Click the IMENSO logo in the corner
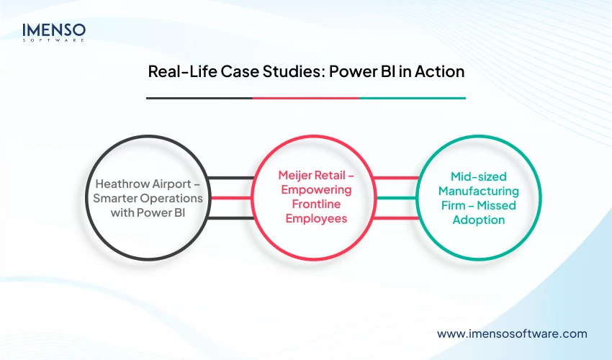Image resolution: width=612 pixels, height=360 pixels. point(54,32)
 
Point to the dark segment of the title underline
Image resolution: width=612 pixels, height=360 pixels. point(199,97)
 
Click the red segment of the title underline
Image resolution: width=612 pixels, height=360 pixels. point(305,97)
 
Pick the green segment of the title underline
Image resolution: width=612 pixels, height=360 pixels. point(412,97)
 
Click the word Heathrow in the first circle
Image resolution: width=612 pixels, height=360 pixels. point(113,183)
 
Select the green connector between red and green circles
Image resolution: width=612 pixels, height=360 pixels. point(395,198)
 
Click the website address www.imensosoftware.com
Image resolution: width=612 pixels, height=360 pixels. point(512,333)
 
